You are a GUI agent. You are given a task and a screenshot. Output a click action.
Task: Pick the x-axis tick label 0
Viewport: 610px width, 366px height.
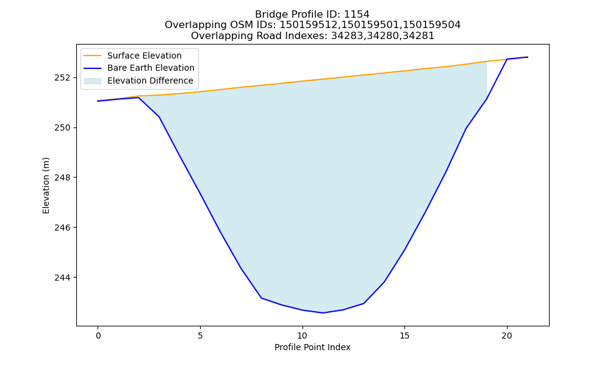tap(98, 335)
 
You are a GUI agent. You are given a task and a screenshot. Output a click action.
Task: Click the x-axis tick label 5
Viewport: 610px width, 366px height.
tap(200, 335)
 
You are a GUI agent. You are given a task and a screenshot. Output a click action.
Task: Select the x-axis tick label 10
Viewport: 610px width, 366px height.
tap(303, 335)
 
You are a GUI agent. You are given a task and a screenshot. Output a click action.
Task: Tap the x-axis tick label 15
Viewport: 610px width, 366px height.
tap(404, 335)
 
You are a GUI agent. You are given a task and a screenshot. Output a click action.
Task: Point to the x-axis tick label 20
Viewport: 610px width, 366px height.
tap(506, 335)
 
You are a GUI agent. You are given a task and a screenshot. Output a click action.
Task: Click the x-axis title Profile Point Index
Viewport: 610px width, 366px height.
tap(312, 347)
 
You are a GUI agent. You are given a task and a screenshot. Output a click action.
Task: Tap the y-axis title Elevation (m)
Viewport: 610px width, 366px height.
tap(46, 185)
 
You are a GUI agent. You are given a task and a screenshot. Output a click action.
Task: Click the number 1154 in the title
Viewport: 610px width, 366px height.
tap(357, 15)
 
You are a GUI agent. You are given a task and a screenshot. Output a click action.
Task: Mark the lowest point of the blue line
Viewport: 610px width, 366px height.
tap(323, 313)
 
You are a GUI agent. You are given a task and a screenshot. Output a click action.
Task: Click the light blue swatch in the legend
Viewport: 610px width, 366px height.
tap(93, 81)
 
